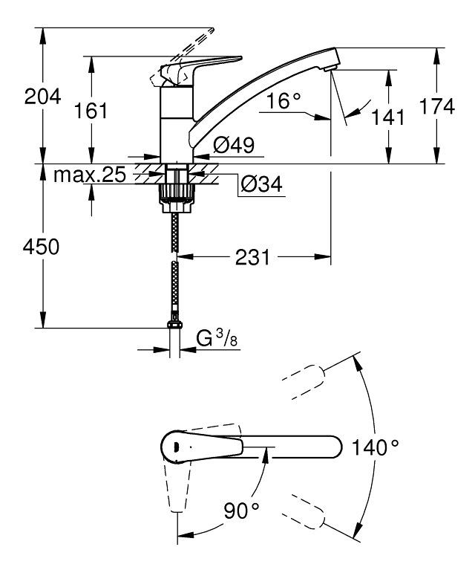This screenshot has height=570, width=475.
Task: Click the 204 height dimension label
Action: click(x=42, y=97)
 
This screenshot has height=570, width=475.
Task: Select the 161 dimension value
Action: click(x=91, y=111)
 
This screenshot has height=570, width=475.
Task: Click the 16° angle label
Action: click(x=284, y=101)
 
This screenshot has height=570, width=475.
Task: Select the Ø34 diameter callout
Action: click(x=262, y=184)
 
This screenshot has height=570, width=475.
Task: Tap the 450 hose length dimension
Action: click(x=42, y=247)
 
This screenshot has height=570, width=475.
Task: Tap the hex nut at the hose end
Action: click(x=174, y=325)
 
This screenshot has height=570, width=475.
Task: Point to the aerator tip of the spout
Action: click(x=330, y=68)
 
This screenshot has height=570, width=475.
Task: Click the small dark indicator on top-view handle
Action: click(x=175, y=446)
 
